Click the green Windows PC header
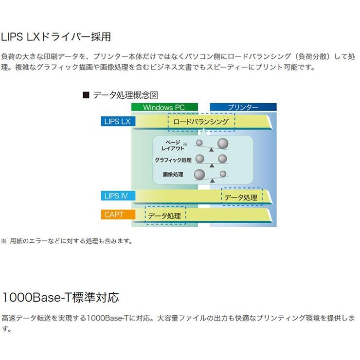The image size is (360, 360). click(164, 107)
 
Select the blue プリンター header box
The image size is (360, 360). click(243, 107)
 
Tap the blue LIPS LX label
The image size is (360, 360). click(118, 122)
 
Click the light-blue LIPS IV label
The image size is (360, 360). click(118, 196)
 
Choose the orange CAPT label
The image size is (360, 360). click(118, 215)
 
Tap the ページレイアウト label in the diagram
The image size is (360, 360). click(173, 145)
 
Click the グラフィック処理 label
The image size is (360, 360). click(173, 160)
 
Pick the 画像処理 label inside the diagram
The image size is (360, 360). click(173, 175)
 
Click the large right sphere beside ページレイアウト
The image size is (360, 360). click(223, 144)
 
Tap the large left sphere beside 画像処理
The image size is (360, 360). click(199, 175)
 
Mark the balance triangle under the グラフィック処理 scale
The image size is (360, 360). click(212, 165)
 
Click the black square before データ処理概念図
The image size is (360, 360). click(86, 95)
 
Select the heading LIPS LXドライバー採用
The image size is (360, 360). click(56, 37)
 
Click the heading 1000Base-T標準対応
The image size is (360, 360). click(60, 297)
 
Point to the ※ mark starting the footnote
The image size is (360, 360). click(4, 241)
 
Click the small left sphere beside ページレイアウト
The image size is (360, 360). click(199, 143)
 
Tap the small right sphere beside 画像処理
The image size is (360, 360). click(223, 174)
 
